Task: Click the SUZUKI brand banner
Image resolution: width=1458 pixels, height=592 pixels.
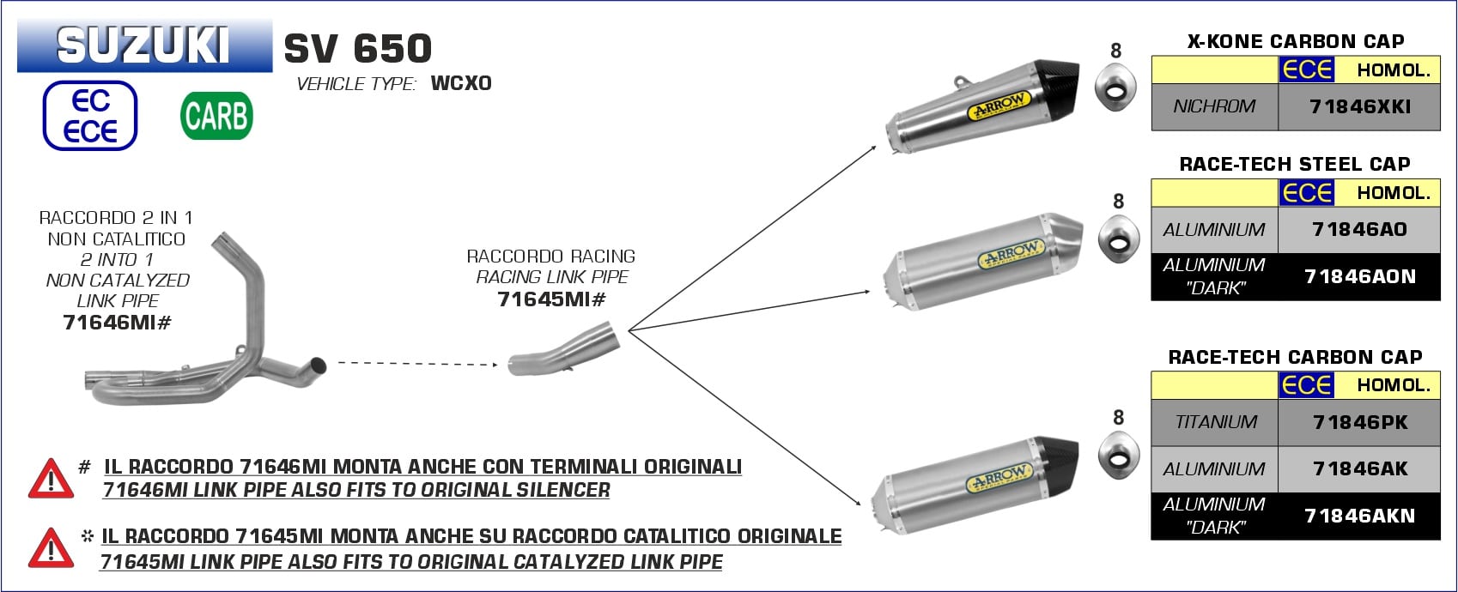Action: tap(144, 46)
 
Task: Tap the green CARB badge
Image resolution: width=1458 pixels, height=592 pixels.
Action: tap(216, 116)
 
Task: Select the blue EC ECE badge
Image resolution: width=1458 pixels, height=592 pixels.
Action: tap(90, 115)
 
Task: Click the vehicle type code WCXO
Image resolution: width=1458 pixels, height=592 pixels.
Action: tap(461, 83)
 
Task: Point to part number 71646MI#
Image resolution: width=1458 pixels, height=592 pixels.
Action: tap(118, 323)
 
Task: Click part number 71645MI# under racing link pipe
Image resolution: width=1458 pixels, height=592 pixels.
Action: tap(552, 299)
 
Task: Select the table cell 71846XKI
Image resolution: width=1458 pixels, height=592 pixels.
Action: tap(1359, 107)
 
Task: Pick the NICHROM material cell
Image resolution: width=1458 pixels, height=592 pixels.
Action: tap(1214, 107)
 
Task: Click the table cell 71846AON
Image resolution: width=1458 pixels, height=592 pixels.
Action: tap(1359, 276)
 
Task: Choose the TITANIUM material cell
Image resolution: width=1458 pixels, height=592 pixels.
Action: tap(1214, 422)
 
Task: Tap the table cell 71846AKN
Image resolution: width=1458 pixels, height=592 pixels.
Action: tap(1359, 516)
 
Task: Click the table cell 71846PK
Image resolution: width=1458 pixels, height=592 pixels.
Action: tap(1359, 422)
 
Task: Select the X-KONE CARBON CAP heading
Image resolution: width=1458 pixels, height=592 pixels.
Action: tap(1296, 41)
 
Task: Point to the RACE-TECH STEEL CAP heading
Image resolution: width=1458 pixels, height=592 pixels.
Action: tap(1295, 164)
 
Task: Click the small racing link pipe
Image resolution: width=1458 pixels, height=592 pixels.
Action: tap(563, 349)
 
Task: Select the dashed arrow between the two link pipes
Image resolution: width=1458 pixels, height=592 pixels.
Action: tap(418, 364)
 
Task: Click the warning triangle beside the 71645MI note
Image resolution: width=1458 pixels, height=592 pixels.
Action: tap(51, 547)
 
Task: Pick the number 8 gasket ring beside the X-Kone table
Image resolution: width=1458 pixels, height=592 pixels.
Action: tap(1116, 88)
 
